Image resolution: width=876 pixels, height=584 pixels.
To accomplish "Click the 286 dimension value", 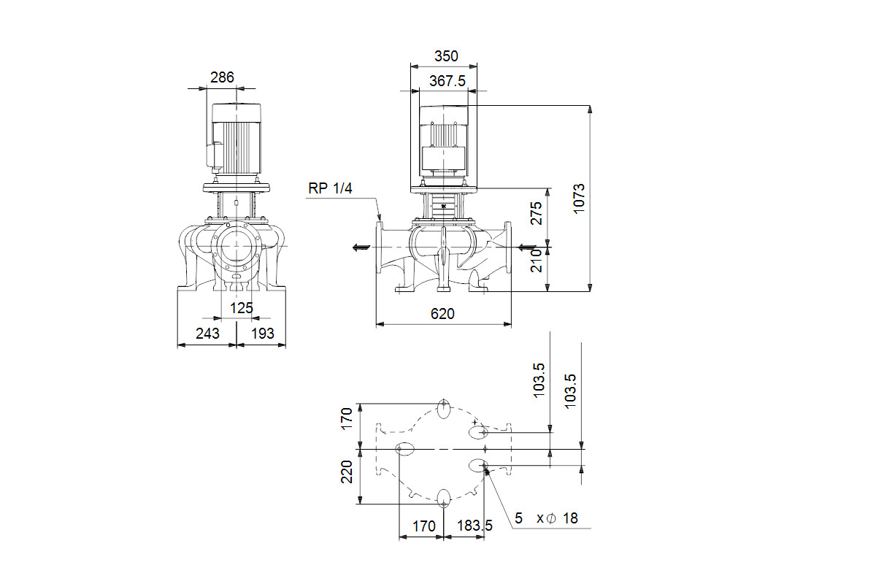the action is pyautogui.click(x=222, y=77).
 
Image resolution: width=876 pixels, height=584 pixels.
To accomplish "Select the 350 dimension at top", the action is pyautogui.click(x=446, y=56).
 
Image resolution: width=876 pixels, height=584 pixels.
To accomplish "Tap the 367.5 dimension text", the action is pyautogui.click(x=447, y=81).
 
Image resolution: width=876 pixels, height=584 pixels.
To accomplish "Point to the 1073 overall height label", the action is pyautogui.click(x=579, y=199).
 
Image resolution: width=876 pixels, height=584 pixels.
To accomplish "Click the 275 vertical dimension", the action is pyautogui.click(x=536, y=213).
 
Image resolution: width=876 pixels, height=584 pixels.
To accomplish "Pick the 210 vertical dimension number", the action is pyautogui.click(x=536, y=260).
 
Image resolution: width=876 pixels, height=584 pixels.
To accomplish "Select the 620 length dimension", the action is pyautogui.click(x=442, y=314).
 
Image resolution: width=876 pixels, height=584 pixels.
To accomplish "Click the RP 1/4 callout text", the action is pyautogui.click(x=330, y=188).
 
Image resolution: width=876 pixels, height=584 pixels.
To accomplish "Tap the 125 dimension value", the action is pyautogui.click(x=242, y=308).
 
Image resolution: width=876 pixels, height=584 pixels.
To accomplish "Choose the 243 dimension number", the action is pyautogui.click(x=207, y=334).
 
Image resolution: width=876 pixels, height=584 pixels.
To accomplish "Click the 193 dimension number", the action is pyautogui.click(x=262, y=334).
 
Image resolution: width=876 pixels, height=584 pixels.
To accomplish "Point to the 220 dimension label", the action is pyautogui.click(x=347, y=472).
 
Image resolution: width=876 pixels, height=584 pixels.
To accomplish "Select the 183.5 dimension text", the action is pyautogui.click(x=474, y=526).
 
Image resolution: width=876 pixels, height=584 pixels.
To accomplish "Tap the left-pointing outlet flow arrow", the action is pyautogui.click(x=361, y=247).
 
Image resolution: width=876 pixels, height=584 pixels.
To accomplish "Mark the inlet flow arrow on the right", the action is pyautogui.click(x=527, y=247).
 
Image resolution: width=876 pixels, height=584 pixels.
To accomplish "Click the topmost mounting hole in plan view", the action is pyautogui.click(x=444, y=408).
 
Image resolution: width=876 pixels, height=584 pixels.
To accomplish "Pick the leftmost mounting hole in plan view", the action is pyautogui.click(x=404, y=449).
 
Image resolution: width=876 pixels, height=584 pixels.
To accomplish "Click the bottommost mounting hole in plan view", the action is pyautogui.click(x=444, y=499).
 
